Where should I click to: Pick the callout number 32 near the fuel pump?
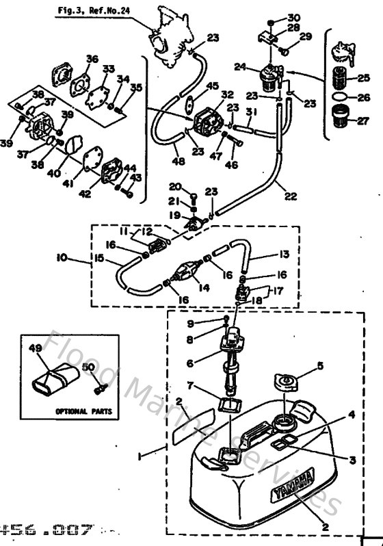coord(227,94)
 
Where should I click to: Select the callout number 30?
coord(294,17)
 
